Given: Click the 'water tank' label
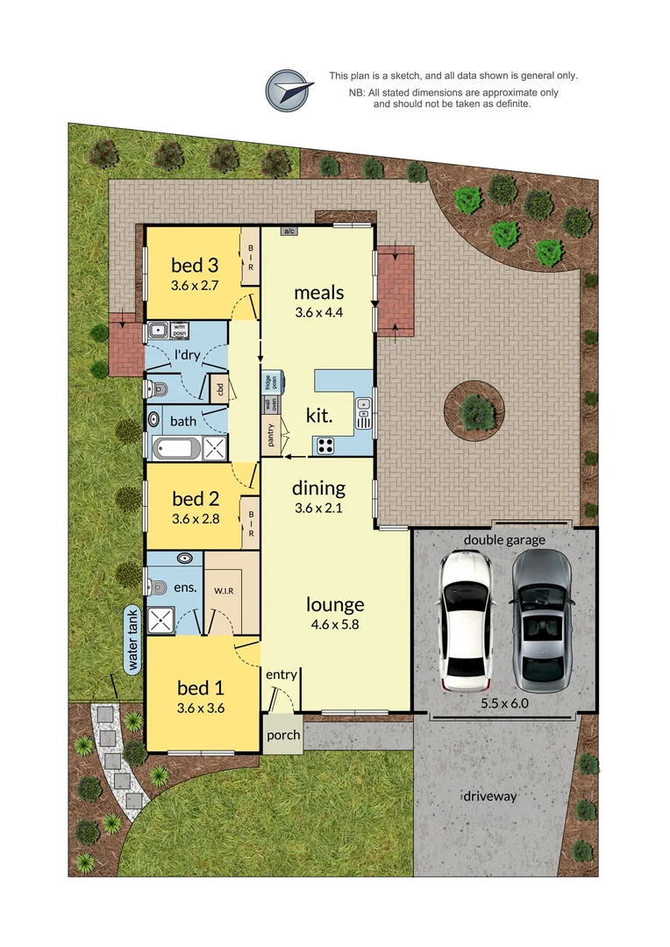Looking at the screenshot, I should tap(134, 642).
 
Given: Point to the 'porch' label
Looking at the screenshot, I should tap(282, 735).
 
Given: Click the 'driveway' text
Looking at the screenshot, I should tap(489, 796).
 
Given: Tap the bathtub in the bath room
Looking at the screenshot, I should tap(178, 449).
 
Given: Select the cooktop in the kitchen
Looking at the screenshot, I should tap(325, 445).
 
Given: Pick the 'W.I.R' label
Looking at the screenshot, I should tap(224, 590).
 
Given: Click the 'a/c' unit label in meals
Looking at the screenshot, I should tap(288, 231).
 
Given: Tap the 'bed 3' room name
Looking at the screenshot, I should tap(194, 265).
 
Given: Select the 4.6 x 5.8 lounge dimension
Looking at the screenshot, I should tap(335, 625).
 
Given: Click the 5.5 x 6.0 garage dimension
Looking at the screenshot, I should tap(503, 702).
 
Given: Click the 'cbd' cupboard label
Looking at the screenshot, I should tap(220, 389).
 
